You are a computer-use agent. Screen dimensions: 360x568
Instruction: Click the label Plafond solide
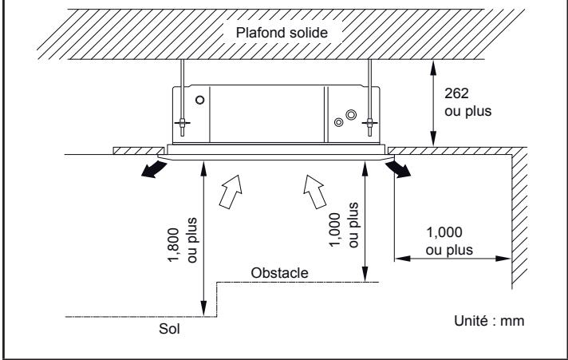point(283,33)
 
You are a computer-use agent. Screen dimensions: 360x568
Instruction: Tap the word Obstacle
point(279,273)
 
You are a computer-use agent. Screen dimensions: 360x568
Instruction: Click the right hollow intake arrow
point(314,192)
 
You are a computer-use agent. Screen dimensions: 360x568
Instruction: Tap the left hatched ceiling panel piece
point(137,151)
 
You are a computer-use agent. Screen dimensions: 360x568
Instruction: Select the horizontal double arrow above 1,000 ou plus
point(452,257)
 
